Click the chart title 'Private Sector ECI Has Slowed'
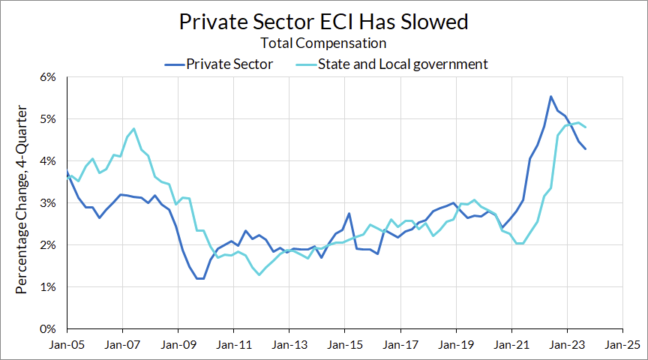point(324,22)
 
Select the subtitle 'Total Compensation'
point(324,44)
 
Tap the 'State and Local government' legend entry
point(403,64)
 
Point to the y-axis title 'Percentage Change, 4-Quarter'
point(22,202)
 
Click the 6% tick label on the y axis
point(49,77)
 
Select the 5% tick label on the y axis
point(49,119)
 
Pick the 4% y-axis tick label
point(49,161)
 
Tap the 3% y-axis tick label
point(49,203)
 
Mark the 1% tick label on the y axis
point(49,287)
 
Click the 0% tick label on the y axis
point(49,329)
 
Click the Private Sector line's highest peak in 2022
point(550,96)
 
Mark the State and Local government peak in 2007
point(133,129)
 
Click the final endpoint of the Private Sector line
point(585,148)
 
